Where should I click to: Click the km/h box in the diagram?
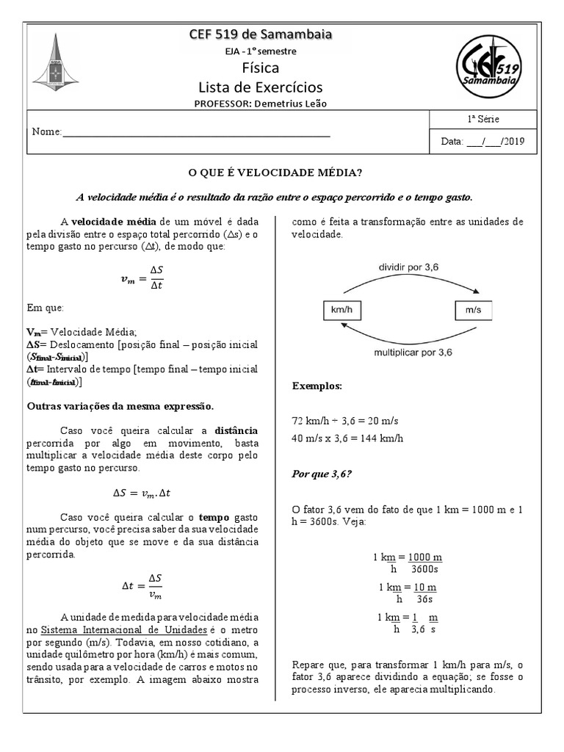[341, 311]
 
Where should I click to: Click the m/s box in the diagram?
[473, 311]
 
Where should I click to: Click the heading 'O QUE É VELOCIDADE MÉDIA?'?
[275, 173]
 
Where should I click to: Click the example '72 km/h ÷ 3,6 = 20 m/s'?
[345, 420]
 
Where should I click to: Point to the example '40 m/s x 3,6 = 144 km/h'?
[348, 438]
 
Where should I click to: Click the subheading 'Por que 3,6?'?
[322, 474]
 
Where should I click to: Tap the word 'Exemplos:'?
[317, 386]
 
